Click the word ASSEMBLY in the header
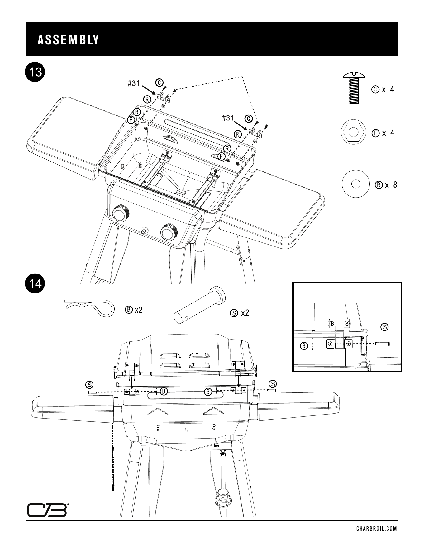[68, 40]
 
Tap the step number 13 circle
[35, 73]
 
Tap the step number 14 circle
[35, 284]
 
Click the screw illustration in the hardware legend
[354, 88]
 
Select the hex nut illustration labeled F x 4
[353, 133]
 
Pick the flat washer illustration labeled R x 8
[354, 184]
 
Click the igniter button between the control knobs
[145, 231]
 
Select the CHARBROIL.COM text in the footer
[377, 529]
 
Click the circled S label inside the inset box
[385, 327]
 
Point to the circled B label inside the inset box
[304, 345]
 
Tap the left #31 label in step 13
[134, 83]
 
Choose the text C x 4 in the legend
[383, 89]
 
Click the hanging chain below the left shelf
[112, 457]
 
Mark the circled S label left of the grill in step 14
[89, 385]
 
